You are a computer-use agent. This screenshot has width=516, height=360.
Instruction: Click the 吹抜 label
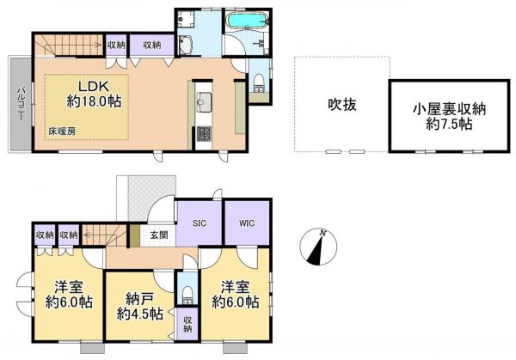coord(341,105)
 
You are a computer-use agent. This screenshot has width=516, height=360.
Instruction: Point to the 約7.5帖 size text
coord(450,125)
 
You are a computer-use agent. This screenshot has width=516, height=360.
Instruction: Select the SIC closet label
coord(199,223)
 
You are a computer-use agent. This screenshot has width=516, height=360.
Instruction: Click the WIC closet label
coord(246,223)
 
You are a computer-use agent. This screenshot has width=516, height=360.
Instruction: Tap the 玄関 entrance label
coord(157,234)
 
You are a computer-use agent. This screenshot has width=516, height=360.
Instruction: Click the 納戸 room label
coord(139,297)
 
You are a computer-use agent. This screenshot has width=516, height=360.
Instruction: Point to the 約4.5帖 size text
coord(139,314)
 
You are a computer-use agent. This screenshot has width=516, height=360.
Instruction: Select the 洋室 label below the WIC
coord(236,286)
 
